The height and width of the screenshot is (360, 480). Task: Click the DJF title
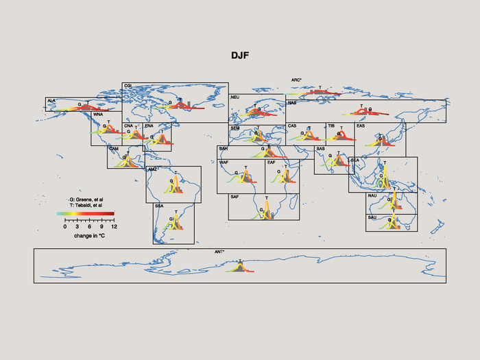240,53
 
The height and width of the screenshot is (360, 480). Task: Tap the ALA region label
51,101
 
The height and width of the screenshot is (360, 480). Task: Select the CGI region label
128,86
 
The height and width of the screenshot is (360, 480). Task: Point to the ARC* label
296,80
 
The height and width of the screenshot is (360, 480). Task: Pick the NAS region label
291,103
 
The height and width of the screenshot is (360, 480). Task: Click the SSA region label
159,206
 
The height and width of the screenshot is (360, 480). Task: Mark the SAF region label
235,197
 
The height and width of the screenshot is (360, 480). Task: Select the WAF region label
224,163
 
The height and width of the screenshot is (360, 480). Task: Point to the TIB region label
331,126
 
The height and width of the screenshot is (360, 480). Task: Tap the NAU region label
372,196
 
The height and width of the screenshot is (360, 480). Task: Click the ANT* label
219,252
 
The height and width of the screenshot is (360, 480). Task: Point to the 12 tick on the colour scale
114,226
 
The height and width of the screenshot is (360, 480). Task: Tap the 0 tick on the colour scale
65,226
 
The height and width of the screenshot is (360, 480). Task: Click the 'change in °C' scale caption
89,235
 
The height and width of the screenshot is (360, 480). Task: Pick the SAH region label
224,149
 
